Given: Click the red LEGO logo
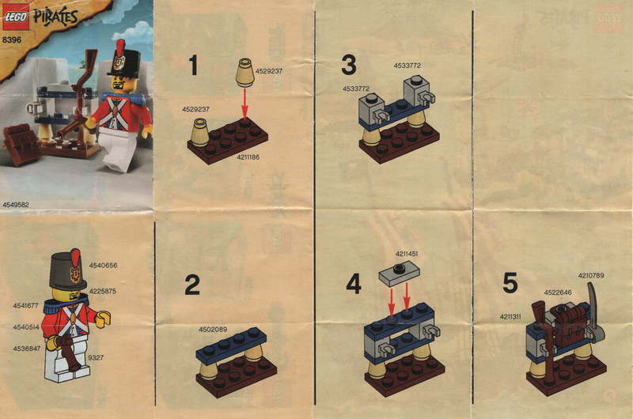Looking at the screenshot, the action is pos(16,17).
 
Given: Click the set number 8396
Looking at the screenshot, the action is pos(12,40).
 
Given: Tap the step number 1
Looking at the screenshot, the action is pos(194,66).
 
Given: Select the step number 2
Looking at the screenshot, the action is pos(192,285).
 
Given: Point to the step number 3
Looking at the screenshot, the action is pos(349,65).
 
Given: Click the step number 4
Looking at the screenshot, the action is pos(354,285).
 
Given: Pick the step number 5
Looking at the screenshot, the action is pos(510,283).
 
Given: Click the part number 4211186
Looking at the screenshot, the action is pos(248,157).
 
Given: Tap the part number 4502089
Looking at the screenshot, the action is pos(213,330).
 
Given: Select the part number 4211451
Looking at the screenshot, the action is pos(407,254).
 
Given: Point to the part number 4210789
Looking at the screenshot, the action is pos(591,276).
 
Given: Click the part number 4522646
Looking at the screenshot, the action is pos(558,293).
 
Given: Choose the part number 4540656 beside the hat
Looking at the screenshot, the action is pos(104,266).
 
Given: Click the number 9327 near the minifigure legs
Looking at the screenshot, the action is pos(96,357).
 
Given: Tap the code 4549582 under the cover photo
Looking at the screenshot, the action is pos(16,205).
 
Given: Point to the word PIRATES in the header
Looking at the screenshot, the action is pos(55,17).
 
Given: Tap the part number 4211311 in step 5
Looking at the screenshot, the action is pos(510,317).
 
